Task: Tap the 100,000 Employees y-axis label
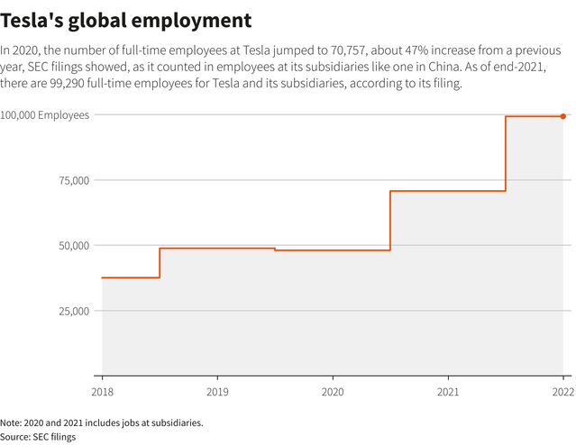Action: tap(45, 115)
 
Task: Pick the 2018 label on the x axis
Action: tap(102, 392)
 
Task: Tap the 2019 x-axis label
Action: tap(216, 392)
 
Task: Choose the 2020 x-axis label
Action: tap(333, 392)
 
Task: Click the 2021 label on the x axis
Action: tap(448, 392)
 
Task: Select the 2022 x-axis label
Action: tap(562, 392)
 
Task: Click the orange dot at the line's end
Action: tap(563, 116)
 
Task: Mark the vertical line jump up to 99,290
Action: tap(506, 153)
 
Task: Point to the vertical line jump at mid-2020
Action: tap(390, 220)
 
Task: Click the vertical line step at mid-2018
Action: tap(160, 263)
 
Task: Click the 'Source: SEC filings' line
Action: tap(38, 436)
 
